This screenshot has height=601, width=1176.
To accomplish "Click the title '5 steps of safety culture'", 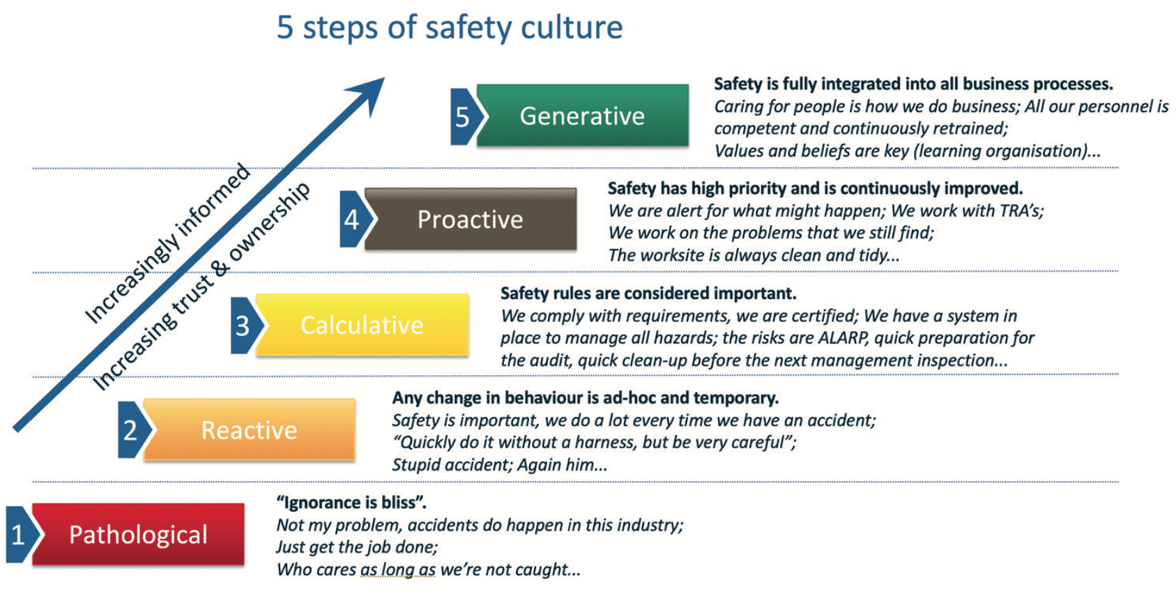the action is pyautogui.click(x=450, y=28).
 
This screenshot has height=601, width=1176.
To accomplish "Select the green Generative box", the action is pyautogui.click(x=583, y=115).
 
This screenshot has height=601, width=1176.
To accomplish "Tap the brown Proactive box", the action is pyautogui.click(x=471, y=219).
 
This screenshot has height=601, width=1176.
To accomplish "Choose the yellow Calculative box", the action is pyautogui.click(x=362, y=325).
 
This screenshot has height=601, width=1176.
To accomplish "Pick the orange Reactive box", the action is pyautogui.click(x=250, y=429).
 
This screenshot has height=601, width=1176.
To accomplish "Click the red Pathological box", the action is pyautogui.click(x=138, y=534).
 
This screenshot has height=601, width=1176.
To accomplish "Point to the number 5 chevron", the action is pyautogui.click(x=465, y=116).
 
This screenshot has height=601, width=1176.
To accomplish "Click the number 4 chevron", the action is pyautogui.click(x=354, y=219).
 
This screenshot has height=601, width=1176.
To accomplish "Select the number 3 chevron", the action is pyautogui.click(x=245, y=326).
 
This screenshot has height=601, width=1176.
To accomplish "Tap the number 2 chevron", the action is pyautogui.click(x=133, y=430).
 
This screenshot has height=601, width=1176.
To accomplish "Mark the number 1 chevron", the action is pyautogui.click(x=21, y=535).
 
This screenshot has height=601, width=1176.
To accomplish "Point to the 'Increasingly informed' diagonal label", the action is pyautogui.click(x=167, y=243).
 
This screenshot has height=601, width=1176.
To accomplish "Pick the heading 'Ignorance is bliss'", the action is pyautogui.click(x=351, y=503).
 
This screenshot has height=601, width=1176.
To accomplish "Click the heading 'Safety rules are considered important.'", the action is pyautogui.click(x=648, y=294).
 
